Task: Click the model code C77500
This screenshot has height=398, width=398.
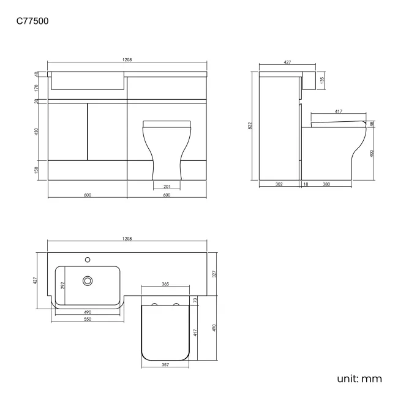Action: (x=32, y=21)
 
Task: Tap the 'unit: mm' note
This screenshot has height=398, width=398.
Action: (x=359, y=379)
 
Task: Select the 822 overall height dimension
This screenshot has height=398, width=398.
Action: (x=250, y=126)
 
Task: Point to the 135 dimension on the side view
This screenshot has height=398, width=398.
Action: (x=322, y=80)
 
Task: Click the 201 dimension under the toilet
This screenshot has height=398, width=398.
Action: (x=167, y=186)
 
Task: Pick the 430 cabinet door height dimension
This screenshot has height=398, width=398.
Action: (x=37, y=132)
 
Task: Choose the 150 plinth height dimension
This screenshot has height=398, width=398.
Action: (x=37, y=170)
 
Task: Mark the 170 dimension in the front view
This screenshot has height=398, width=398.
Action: (x=37, y=88)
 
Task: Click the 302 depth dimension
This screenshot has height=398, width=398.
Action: (x=279, y=184)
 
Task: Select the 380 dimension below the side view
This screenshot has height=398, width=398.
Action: (x=326, y=184)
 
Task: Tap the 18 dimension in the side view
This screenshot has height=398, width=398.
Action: (x=304, y=184)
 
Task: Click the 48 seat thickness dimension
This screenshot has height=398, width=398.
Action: (x=372, y=124)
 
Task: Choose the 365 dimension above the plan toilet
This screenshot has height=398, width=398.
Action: (x=165, y=285)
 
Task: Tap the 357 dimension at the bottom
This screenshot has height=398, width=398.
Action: (x=165, y=365)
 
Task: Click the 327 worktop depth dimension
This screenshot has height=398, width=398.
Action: (x=214, y=274)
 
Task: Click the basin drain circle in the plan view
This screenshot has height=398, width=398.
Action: (x=88, y=280)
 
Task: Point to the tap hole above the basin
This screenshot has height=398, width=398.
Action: (x=88, y=258)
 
